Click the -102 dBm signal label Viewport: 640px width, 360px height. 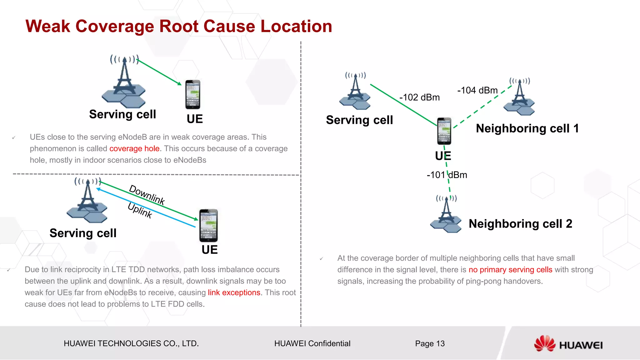(x=419, y=97)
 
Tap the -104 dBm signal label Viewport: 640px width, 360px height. (x=477, y=91)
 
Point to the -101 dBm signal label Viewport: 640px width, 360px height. (x=447, y=175)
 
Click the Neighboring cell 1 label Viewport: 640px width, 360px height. (x=527, y=128)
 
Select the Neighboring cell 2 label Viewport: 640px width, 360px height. (x=520, y=224)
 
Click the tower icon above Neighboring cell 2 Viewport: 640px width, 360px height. (x=446, y=214)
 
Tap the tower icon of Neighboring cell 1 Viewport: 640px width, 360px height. (x=519, y=97)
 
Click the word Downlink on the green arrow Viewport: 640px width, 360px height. (x=147, y=195)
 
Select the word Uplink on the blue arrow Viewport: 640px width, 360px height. (x=140, y=210)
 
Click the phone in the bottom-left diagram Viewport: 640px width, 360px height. (x=208, y=226)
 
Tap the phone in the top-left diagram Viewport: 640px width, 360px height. (x=193, y=94)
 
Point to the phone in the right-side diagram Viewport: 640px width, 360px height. (x=444, y=131)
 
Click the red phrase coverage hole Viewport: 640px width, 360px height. (x=134, y=149)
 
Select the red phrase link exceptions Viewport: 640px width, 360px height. (x=234, y=293)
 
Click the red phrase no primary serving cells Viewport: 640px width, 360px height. (x=510, y=270)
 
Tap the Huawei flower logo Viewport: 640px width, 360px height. (x=544, y=343)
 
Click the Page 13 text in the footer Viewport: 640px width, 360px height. (x=430, y=344)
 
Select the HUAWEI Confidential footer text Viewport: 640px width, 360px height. (x=312, y=344)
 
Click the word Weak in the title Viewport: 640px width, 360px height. (x=48, y=26)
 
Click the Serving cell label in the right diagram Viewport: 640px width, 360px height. (x=359, y=120)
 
